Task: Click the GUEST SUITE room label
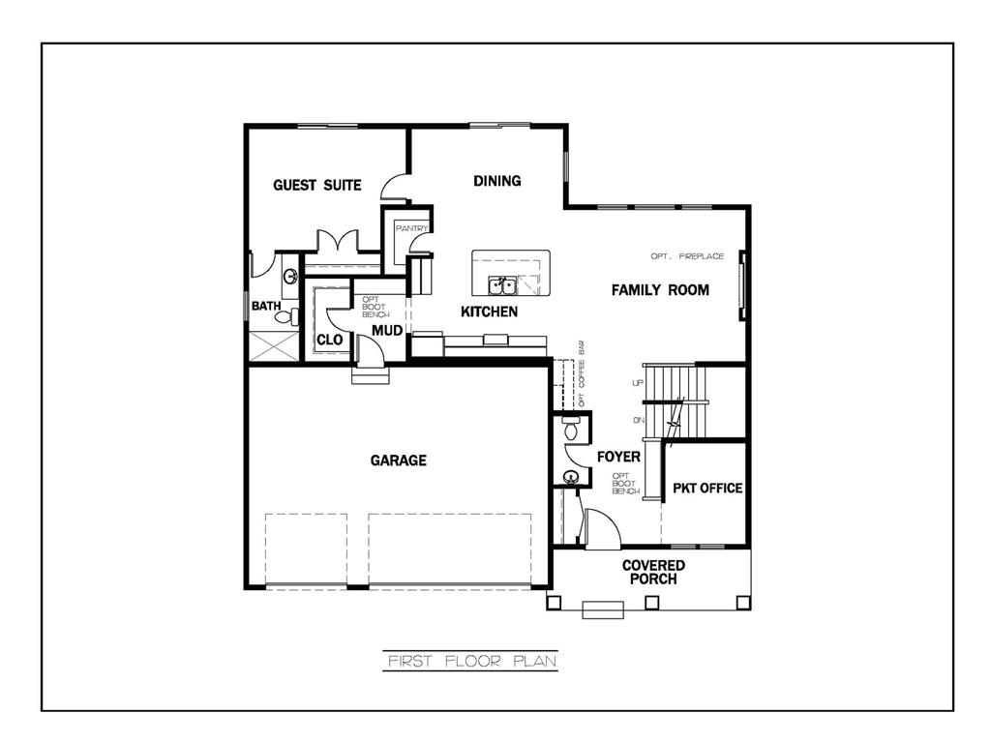(316, 185)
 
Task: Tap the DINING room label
(496, 181)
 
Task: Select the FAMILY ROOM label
(660, 289)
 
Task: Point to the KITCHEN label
(488, 312)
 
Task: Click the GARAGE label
(398, 461)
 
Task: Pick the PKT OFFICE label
(707, 488)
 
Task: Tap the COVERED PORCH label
(653, 572)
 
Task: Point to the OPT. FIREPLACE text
(687, 256)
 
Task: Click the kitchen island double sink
(501, 285)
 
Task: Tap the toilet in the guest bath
(284, 314)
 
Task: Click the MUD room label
(387, 331)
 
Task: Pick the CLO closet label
(329, 340)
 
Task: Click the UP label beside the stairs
(637, 383)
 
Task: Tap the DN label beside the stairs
(637, 420)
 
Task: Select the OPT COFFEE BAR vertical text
(582, 372)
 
